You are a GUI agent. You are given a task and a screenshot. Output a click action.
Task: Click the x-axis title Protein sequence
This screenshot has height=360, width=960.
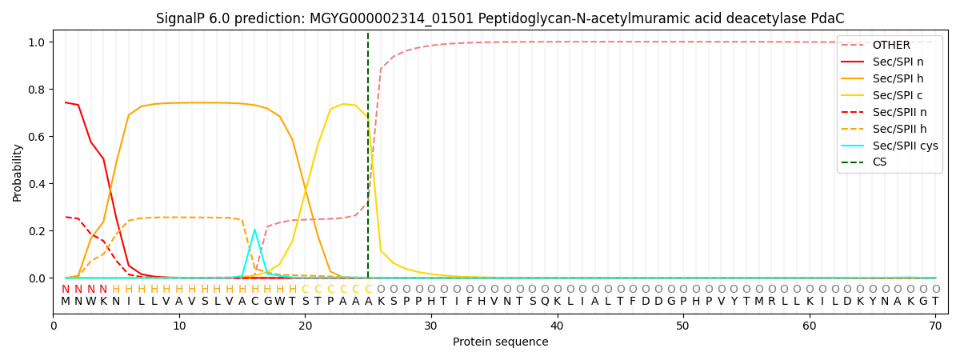click(x=501, y=342)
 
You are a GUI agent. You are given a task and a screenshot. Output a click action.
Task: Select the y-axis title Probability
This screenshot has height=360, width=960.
click(x=18, y=173)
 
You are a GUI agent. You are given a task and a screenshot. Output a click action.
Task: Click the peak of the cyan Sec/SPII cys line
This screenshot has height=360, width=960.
click(x=254, y=230)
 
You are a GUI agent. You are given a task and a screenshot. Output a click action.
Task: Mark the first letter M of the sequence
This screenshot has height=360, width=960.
click(x=66, y=302)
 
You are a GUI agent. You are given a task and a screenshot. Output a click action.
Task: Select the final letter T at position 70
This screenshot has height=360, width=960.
click(x=935, y=302)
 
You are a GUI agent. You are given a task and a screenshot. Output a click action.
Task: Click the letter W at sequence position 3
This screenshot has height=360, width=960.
click(x=90, y=302)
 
